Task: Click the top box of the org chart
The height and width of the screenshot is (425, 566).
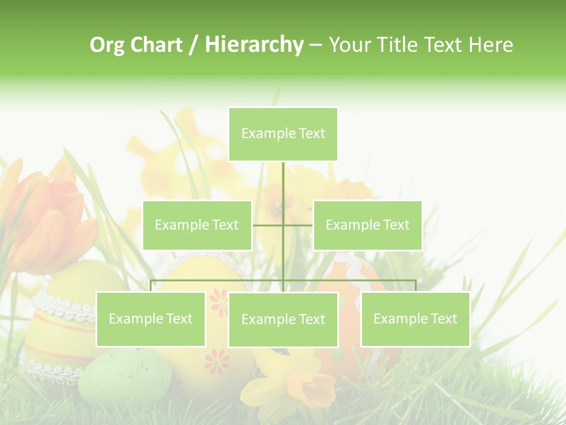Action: point(283,134)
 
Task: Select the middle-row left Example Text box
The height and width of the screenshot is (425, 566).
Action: point(197,225)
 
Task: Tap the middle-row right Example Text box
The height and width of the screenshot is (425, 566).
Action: point(367,225)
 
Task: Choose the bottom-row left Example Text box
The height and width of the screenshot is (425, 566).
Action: point(151,319)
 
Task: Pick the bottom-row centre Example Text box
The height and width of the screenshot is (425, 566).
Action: point(283,319)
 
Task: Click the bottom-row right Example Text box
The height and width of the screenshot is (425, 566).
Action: point(415,319)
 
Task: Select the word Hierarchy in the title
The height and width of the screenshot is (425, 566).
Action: point(254,45)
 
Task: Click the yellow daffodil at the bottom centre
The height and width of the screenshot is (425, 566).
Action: point(295,378)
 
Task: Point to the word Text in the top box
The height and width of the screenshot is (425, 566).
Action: point(311,133)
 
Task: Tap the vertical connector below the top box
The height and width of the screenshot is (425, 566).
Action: point(283,183)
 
